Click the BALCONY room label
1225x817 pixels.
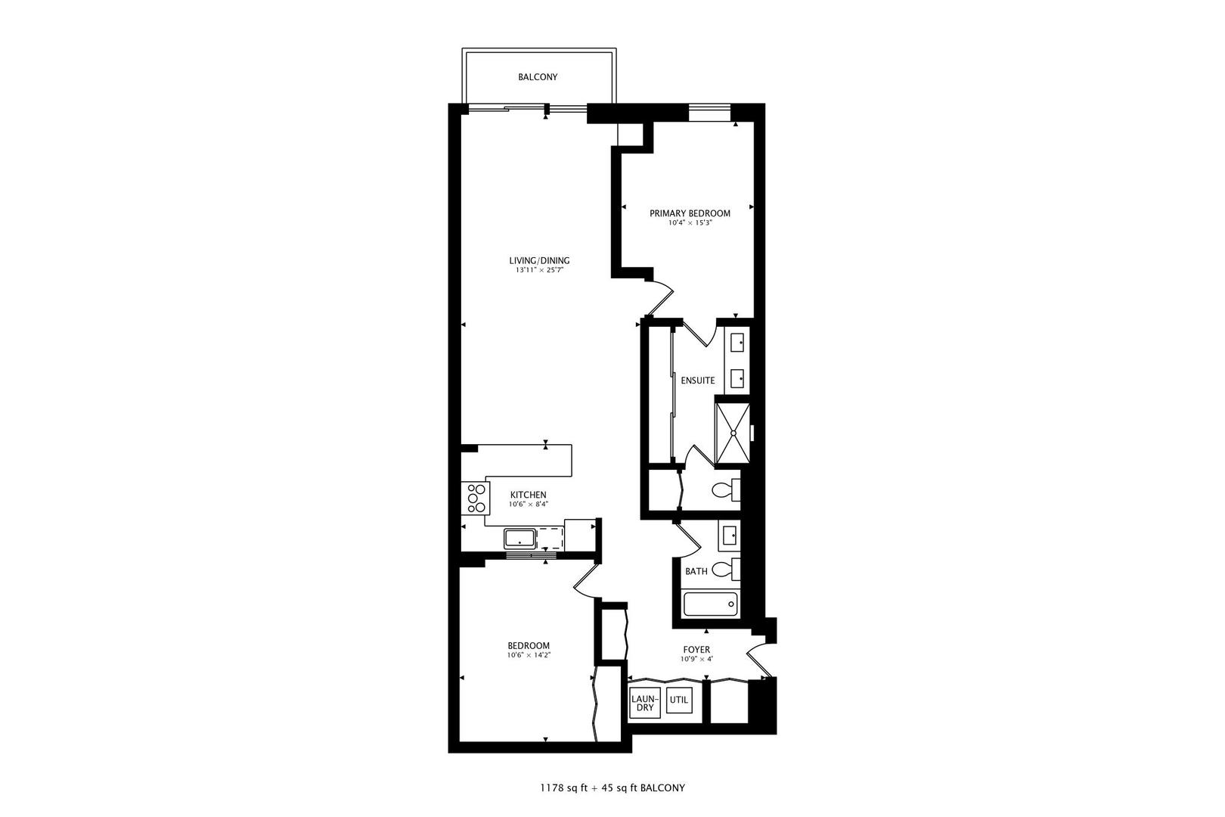[x=538, y=77]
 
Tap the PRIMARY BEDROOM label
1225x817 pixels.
[x=690, y=213]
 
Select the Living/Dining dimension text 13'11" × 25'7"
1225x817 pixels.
[x=539, y=270]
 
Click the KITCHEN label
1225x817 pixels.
[x=529, y=495]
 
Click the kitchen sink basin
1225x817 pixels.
[x=520, y=539]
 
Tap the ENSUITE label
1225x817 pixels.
[x=698, y=381]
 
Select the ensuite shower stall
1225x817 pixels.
[x=733, y=433]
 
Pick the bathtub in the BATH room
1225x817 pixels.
[x=710, y=604]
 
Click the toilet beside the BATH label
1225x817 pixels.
[x=726, y=569]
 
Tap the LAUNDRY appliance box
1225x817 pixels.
[x=645, y=704]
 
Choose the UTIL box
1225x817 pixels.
[x=679, y=701]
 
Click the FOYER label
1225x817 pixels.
[x=696, y=650]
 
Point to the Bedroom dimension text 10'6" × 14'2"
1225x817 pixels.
[x=529, y=655]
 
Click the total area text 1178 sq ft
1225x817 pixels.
[x=564, y=788]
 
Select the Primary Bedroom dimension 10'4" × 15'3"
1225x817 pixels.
[x=690, y=222]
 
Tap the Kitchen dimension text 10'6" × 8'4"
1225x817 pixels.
[x=529, y=504]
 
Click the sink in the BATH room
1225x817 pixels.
[x=730, y=535]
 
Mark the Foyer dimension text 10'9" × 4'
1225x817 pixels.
[x=696, y=660]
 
